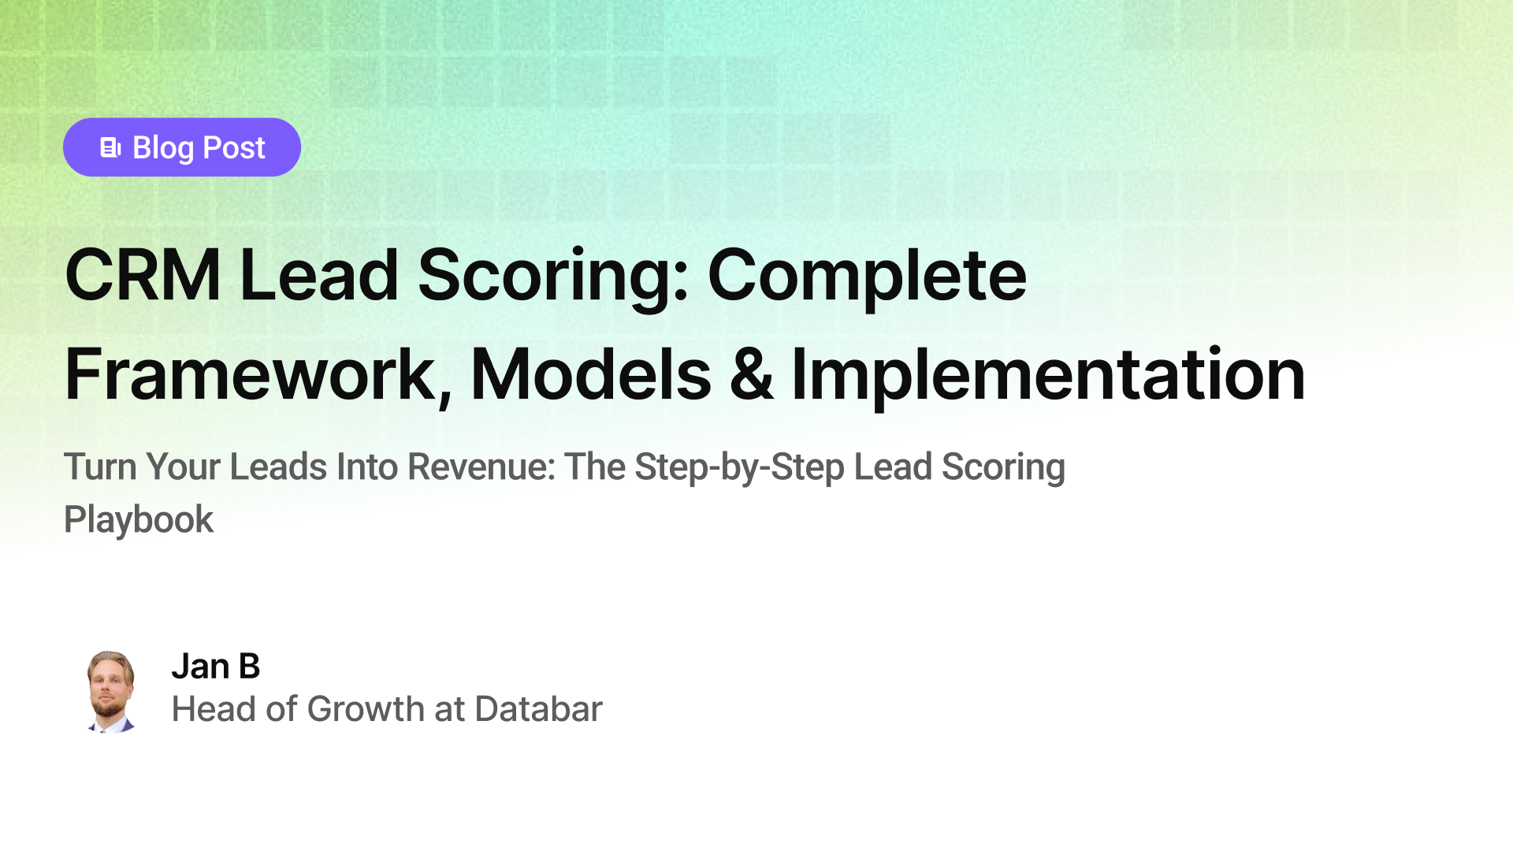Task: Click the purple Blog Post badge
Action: [x=182, y=147]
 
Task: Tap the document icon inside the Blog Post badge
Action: [x=110, y=147]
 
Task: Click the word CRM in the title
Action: [x=143, y=275]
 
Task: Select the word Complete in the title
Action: [x=867, y=275]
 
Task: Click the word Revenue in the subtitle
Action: [x=481, y=466]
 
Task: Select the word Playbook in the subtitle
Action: [x=139, y=519]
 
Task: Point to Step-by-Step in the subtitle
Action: [x=740, y=466]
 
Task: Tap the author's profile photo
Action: [x=110, y=692]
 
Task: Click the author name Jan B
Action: [x=216, y=667]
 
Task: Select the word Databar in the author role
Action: [x=539, y=709]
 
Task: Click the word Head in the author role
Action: [x=214, y=709]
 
